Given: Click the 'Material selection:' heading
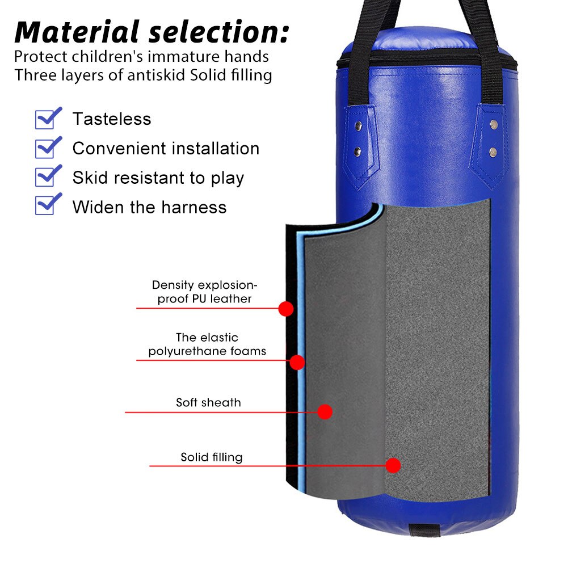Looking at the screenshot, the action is point(152,32).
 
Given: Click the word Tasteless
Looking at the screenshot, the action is point(112,119).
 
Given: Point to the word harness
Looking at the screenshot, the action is point(194,207).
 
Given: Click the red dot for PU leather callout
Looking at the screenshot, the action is point(286,309).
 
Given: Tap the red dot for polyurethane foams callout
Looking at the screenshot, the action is point(297,362).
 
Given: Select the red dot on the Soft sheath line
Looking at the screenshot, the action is point(325,412).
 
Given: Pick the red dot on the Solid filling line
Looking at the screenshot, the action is point(393,465).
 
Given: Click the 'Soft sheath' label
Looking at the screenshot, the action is point(208,402).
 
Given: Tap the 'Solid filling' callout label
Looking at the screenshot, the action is point(212,457).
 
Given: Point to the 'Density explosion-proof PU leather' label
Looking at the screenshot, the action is point(205,292).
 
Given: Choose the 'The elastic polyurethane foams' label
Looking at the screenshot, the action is point(207,344).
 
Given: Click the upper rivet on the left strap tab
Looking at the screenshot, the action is point(358,126).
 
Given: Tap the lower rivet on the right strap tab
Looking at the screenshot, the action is point(493,152).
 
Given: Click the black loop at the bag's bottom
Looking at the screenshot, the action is point(424,530).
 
